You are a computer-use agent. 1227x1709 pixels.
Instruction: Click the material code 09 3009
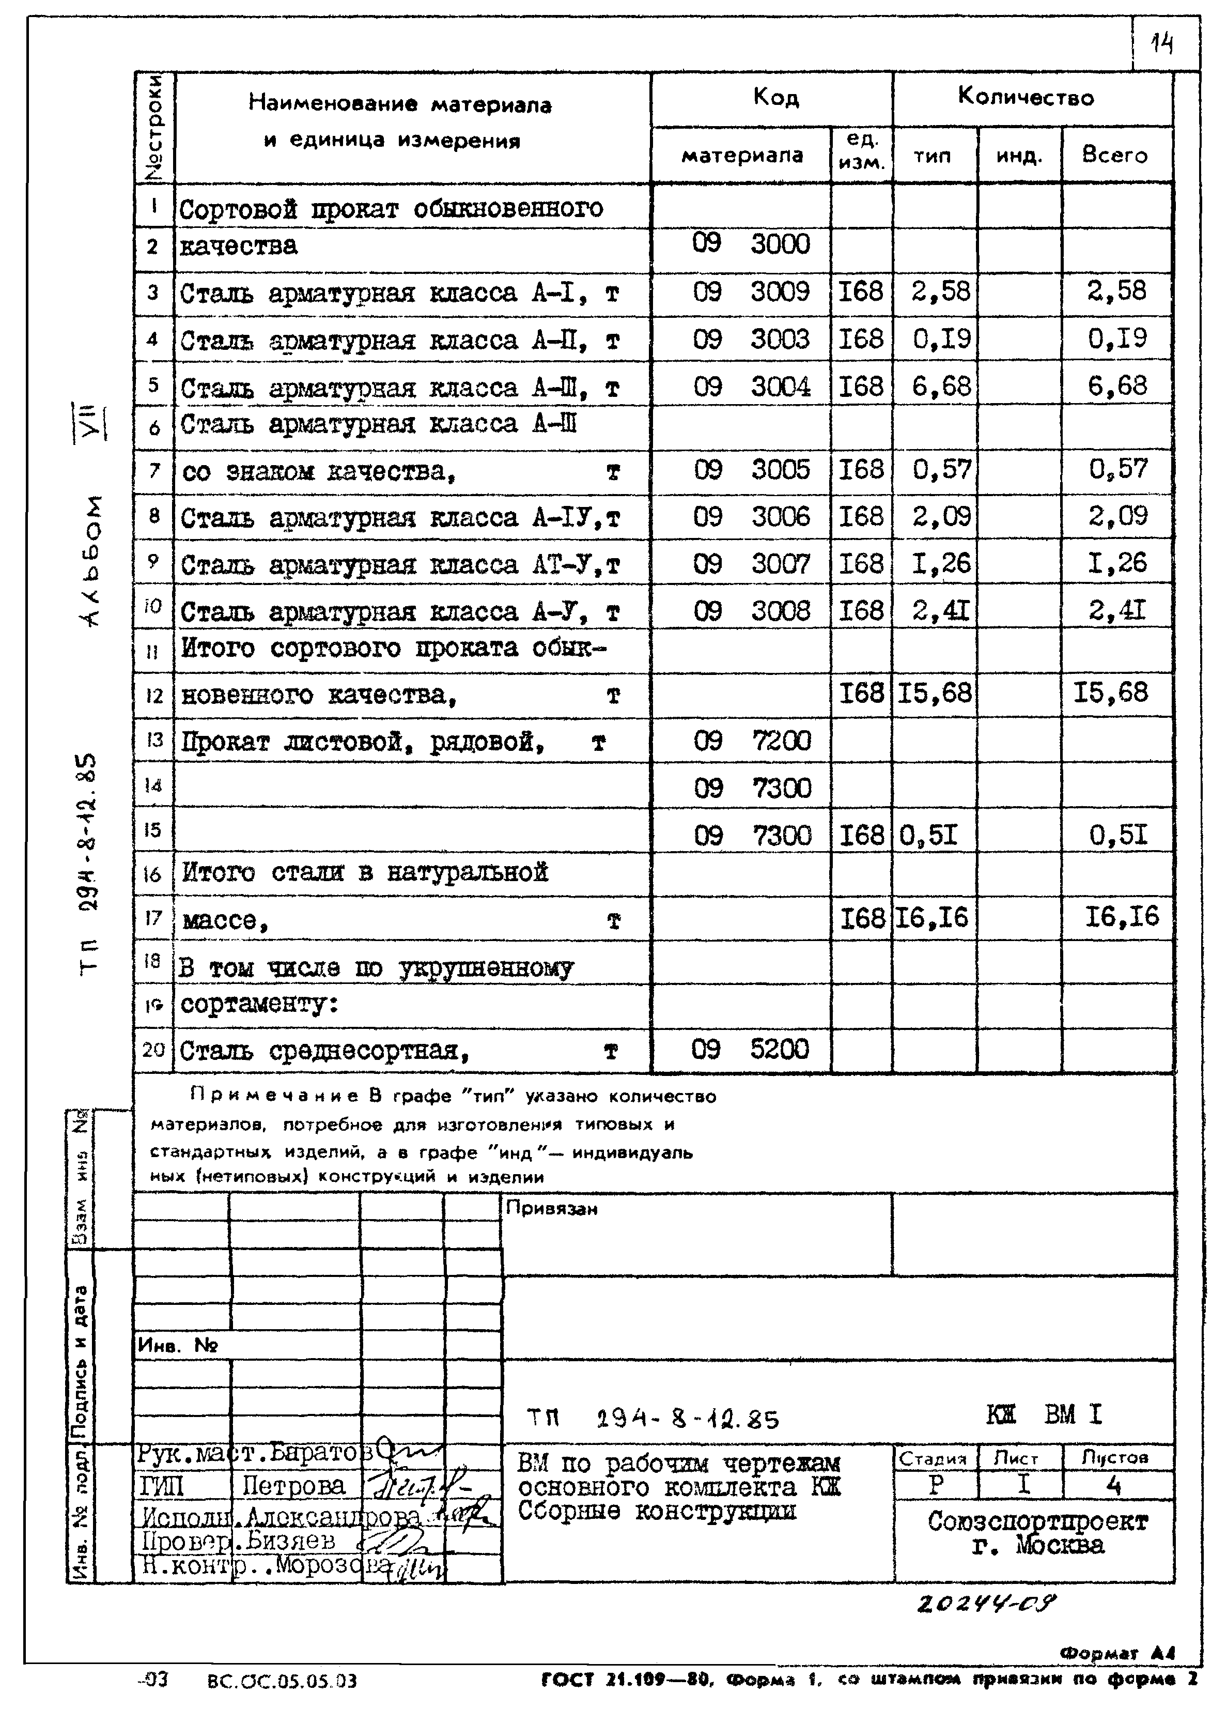pos(751,291)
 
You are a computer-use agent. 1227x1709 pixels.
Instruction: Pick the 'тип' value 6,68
pos(941,387)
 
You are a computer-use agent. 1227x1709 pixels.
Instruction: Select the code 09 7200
pos(752,742)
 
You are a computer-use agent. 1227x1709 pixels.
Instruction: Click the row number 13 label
pos(153,740)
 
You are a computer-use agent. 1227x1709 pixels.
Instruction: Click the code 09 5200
pos(750,1049)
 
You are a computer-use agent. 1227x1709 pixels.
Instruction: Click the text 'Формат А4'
pos(1117,1653)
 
